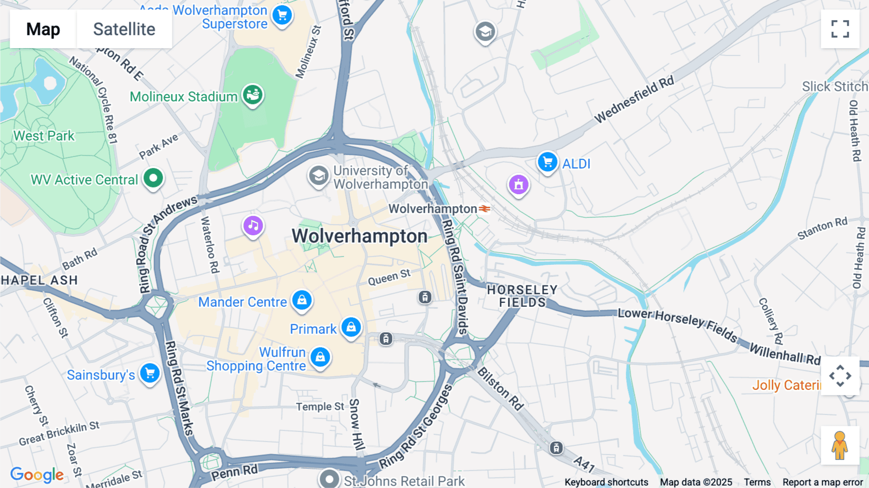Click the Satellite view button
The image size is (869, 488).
coord(124,29)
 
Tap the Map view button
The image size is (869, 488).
coord(43,29)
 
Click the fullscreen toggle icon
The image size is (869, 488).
coord(840,29)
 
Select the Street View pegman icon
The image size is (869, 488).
coord(840,445)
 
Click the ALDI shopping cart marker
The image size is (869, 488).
coord(547,162)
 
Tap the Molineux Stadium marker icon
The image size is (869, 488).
coord(252,95)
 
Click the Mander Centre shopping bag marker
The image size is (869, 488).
coord(302,300)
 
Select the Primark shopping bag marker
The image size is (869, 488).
coord(351,328)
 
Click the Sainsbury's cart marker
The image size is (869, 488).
coord(150,373)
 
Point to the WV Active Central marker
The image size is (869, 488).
coord(154,178)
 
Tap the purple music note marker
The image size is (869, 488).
coord(253,225)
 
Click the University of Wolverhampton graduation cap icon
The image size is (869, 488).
coord(318,176)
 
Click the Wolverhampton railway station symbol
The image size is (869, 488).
coord(485,209)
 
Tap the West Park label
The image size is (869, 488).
coord(44,136)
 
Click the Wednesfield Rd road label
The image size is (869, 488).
coord(633,100)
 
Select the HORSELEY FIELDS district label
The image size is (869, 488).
coord(522,296)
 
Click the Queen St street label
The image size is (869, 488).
coord(389,277)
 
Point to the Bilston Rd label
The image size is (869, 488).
coord(501,389)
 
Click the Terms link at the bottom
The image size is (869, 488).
coord(757,482)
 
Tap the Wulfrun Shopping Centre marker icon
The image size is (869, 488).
coord(320,357)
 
